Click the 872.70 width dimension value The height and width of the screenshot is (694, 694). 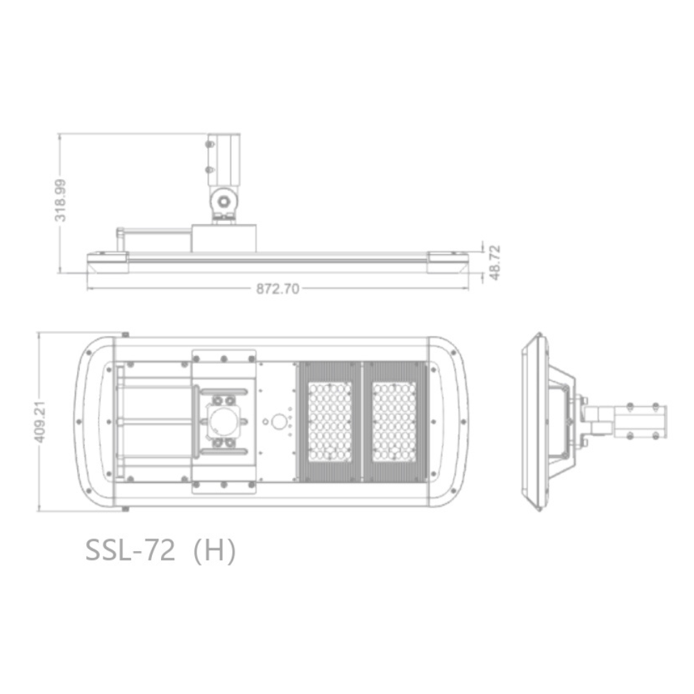278,289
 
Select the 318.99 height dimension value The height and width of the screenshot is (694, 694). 61,200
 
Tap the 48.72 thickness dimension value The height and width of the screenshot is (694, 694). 495,262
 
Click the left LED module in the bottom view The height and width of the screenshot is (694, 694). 330,421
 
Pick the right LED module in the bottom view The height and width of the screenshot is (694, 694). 394,421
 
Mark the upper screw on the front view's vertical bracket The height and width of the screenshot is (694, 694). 209,144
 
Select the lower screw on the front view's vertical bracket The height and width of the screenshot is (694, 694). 209,169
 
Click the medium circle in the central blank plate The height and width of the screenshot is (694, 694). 279,421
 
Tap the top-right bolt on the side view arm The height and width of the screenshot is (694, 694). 656,407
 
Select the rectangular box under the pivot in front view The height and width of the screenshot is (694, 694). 223,238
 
